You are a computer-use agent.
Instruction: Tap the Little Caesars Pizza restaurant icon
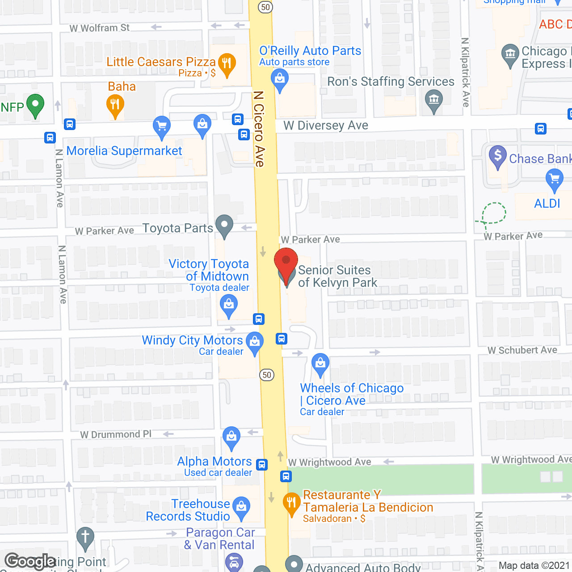pyautogui.click(x=227, y=63)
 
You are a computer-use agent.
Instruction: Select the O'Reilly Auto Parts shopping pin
pyautogui.click(x=280, y=79)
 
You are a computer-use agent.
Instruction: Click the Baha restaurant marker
pyautogui.click(x=115, y=105)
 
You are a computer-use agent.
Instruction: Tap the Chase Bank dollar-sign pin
pyautogui.click(x=497, y=156)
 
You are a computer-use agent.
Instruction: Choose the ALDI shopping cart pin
pyautogui.click(x=555, y=180)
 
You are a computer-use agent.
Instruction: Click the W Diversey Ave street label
pyautogui.click(x=326, y=126)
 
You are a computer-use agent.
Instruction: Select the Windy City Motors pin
pyautogui.click(x=255, y=342)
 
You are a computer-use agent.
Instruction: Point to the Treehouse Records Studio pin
pyautogui.click(x=241, y=507)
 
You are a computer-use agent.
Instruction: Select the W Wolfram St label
pyautogui.click(x=99, y=28)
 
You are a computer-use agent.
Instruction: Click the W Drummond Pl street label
pyautogui.click(x=116, y=434)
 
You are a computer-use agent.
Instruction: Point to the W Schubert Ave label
pyautogui.click(x=522, y=350)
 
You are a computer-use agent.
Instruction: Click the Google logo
pyautogui.click(x=30, y=561)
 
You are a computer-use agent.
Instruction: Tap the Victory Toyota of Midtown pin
pyautogui.click(x=229, y=306)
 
